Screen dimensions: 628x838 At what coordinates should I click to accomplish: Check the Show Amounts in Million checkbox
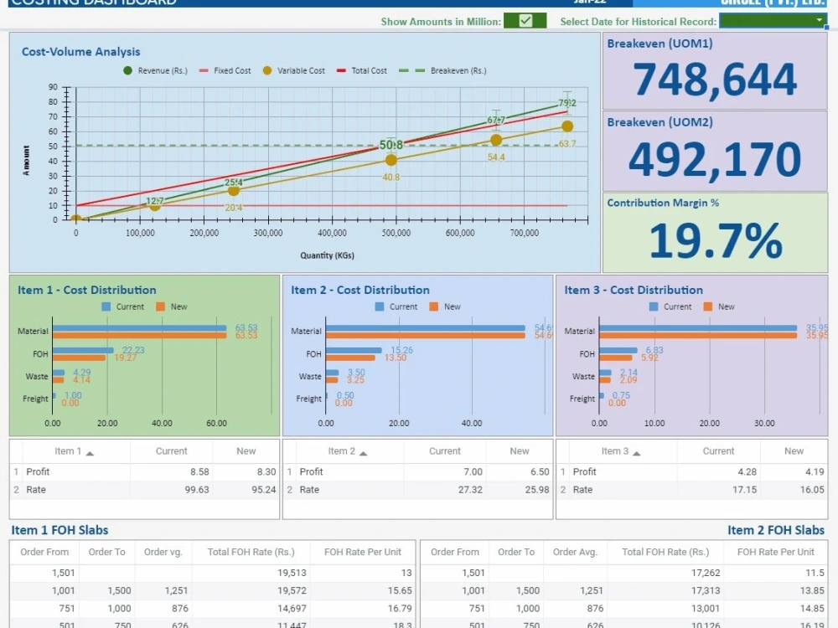point(525,21)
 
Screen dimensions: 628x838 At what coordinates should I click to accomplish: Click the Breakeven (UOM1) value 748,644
point(714,80)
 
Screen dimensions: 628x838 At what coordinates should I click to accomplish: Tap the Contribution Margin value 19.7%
point(714,241)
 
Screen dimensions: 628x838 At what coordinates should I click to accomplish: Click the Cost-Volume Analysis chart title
point(80,52)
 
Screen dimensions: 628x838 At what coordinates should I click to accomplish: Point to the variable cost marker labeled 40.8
point(391,160)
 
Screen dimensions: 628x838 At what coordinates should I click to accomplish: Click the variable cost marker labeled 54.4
point(496,140)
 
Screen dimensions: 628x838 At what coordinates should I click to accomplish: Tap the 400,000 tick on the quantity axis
point(333,234)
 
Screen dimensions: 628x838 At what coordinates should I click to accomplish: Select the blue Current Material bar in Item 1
point(139,328)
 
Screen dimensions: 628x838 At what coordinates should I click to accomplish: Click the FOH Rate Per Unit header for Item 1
point(362,552)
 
